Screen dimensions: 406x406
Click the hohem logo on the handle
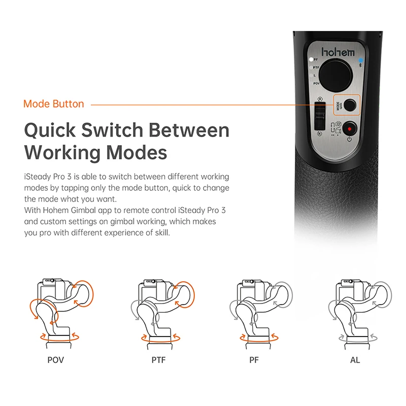click(x=338, y=52)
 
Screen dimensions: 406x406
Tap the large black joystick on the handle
click(x=335, y=75)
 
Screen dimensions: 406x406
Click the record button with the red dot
click(x=350, y=129)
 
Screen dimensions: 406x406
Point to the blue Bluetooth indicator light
click(x=360, y=60)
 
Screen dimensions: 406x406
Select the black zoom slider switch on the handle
click(x=320, y=116)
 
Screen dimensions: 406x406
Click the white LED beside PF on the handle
click(x=311, y=59)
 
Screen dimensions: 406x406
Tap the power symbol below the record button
click(x=349, y=140)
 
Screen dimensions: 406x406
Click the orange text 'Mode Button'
click(x=54, y=104)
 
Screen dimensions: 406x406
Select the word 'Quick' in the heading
click(x=50, y=130)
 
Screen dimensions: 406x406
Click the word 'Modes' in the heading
click(x=137, y=152)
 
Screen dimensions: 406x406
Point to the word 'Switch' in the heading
click(x=112, y=130)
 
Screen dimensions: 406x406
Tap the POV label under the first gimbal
click(x=56, y=360)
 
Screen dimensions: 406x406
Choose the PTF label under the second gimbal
click(x=158, y=360)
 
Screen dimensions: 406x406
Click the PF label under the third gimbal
click(x=254, y=360)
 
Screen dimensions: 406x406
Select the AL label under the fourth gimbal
click(x=355, y=360)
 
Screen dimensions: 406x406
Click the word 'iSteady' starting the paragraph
click(x=38, y=177)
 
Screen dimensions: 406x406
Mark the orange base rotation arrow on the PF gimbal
click(x=259, y=337)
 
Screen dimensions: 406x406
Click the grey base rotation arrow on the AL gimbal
click(x=358, y=337)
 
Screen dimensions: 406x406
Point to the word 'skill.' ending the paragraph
click(x=162, y=232)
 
